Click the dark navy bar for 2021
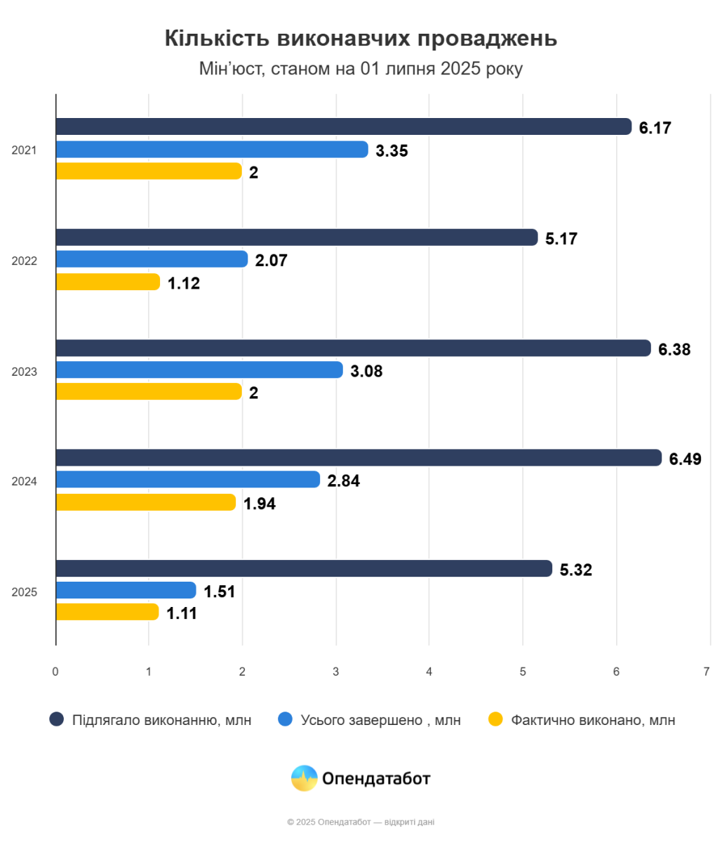coord(344,126)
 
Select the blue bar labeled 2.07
coord(152,259)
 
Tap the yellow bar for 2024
coord(146,502)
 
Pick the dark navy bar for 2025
coord(304,568)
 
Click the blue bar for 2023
coord(199,370)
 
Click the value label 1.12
coord(184,284)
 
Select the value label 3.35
coord(392,150)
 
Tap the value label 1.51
coord(220,592)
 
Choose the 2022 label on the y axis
coord(25,261)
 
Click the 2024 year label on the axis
coord(25,481)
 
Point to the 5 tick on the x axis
coord(523,671)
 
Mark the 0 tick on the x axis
coord(55,671)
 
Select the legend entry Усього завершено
coord(380,720)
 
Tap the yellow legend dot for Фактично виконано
coord(496,719)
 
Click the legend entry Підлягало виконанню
coord(161,720)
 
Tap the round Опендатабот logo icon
coord(304,778)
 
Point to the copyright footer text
coord(361,822)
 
